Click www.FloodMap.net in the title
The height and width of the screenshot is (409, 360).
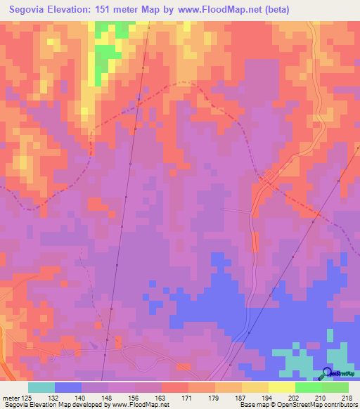[x=221, y=9]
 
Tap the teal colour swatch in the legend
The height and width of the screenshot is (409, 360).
[x=41, y=387]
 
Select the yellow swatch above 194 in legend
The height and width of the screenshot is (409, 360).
[x=255, y=387]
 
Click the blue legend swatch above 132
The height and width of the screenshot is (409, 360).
[x=68, y=387]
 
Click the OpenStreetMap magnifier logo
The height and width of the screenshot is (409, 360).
[x=326, y=373]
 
